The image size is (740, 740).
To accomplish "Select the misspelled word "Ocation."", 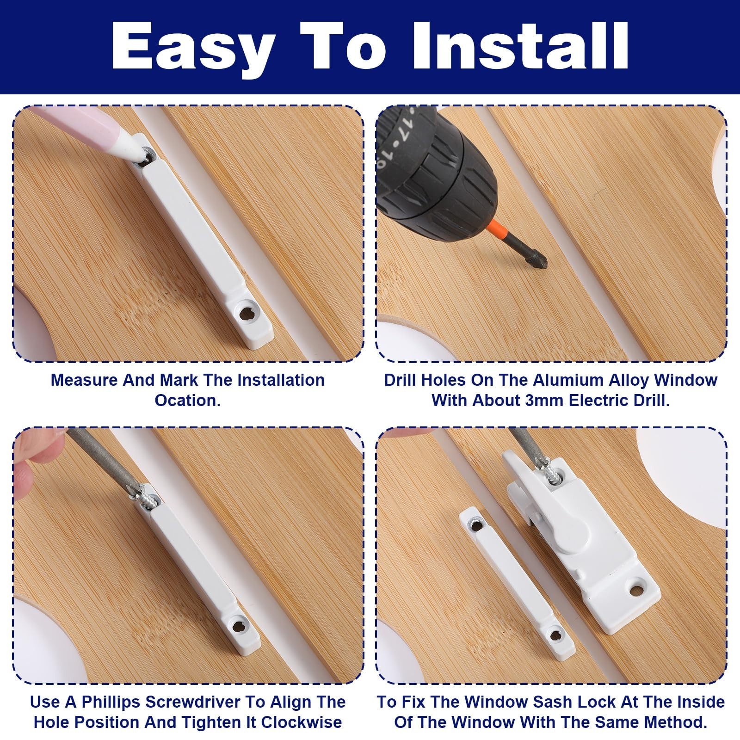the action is pos(187,400).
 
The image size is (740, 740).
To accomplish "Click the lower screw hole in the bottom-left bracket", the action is pos(239,627).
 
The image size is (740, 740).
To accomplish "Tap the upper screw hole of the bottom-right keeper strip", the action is pos(475,523).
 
